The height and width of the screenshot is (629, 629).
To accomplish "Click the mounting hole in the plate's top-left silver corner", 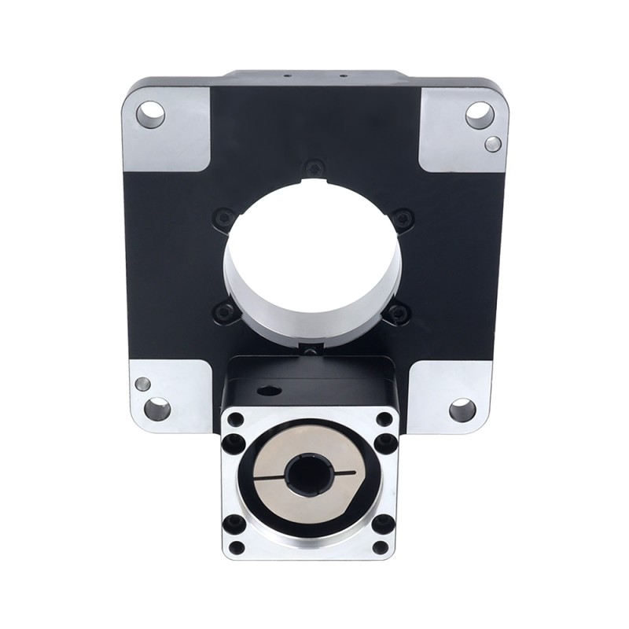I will pyautogui.click(x=150, y=115).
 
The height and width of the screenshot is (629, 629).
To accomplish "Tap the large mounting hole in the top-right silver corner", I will pyautogui.click(x=480, y=116).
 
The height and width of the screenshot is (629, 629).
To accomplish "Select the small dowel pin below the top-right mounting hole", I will pyautogui.click(x=493, y=143).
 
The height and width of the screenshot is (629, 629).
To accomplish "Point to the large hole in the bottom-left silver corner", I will pyautogui.click(x=156, y=409).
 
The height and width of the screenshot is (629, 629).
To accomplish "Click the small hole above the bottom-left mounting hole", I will pyautogui.click(x=143, y=384).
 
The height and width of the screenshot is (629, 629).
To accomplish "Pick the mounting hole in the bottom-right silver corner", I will pyautogui.click(x=462, y=409).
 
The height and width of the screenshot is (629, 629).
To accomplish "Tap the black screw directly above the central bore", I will pyautogui.click(x=314, y=167).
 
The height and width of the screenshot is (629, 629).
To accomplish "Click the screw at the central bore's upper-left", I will pyautogui.click(x=225, y=218).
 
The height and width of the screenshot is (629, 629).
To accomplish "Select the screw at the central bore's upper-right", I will pyautogui.click(x=403, y=218).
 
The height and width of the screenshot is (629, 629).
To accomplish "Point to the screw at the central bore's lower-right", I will pyautogui.click(x=399, y=314).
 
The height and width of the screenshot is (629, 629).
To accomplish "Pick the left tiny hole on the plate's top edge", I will pyautogui.click(x=286, y=76).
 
